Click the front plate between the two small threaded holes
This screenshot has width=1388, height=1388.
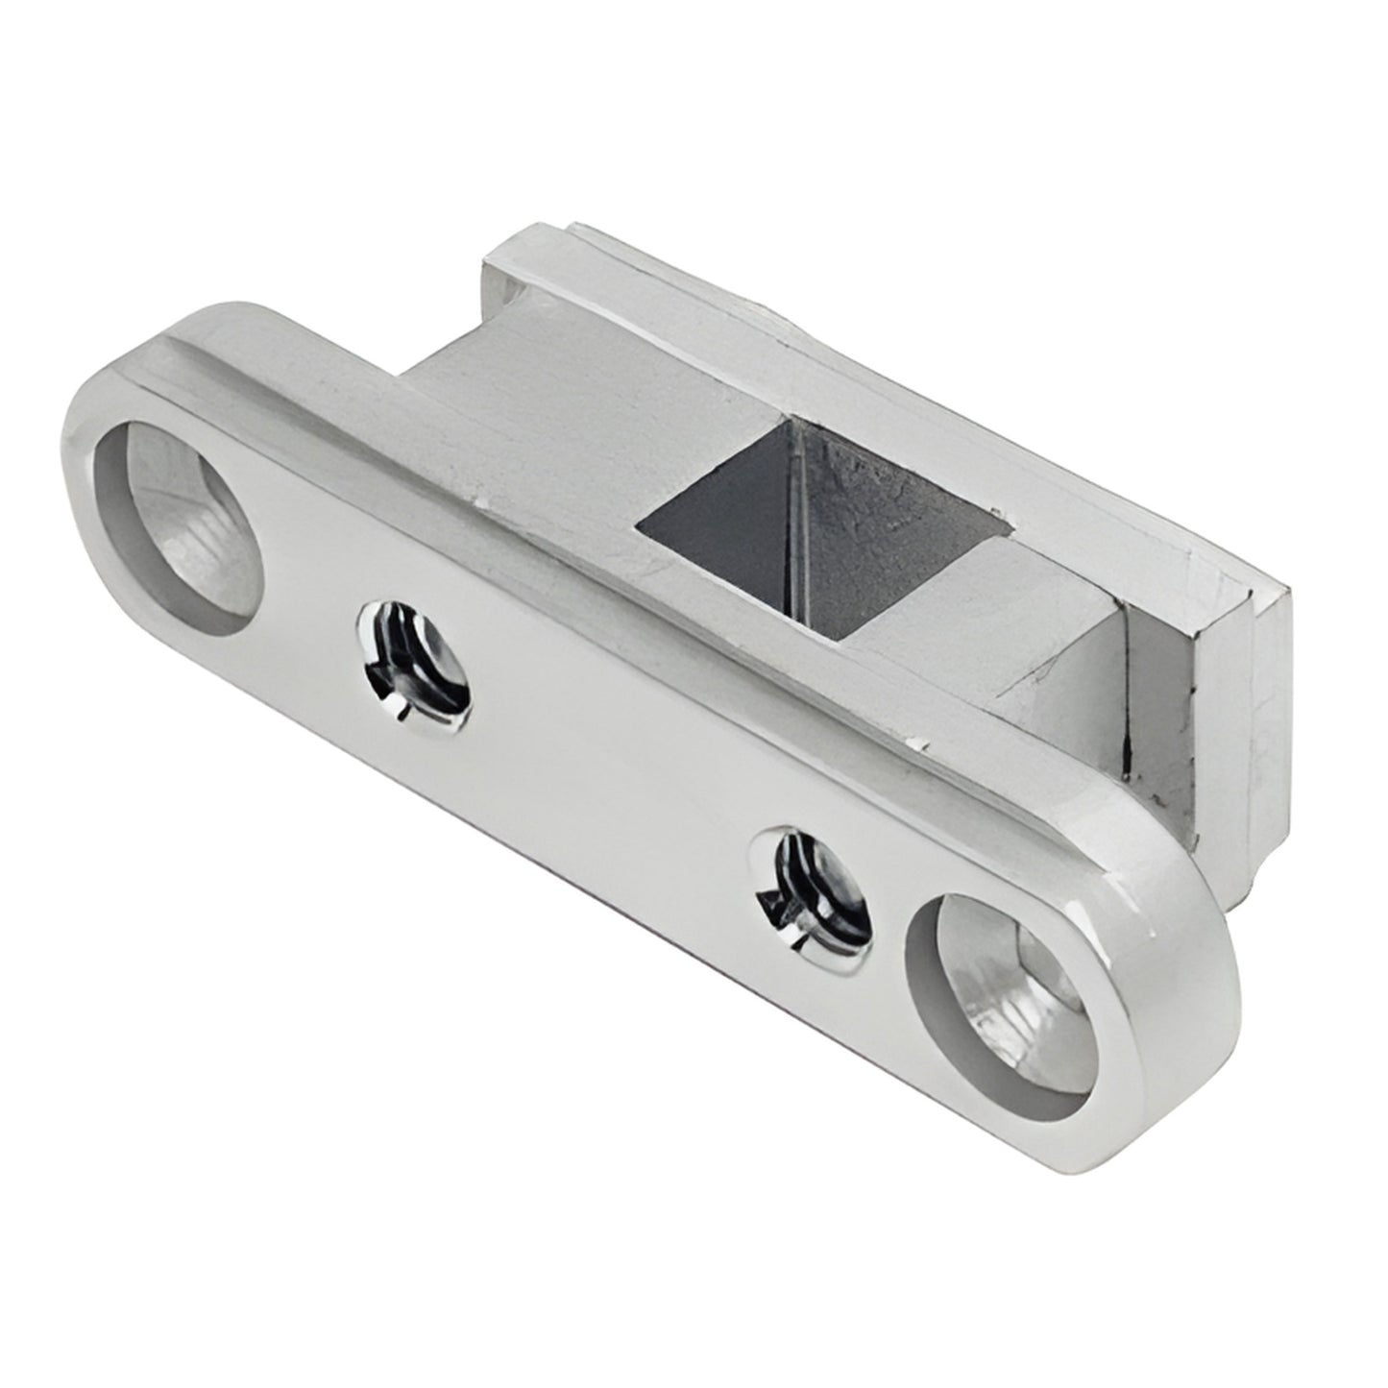(x=615, y=768)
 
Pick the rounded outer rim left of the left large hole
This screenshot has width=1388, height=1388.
(x=77, y=499)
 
